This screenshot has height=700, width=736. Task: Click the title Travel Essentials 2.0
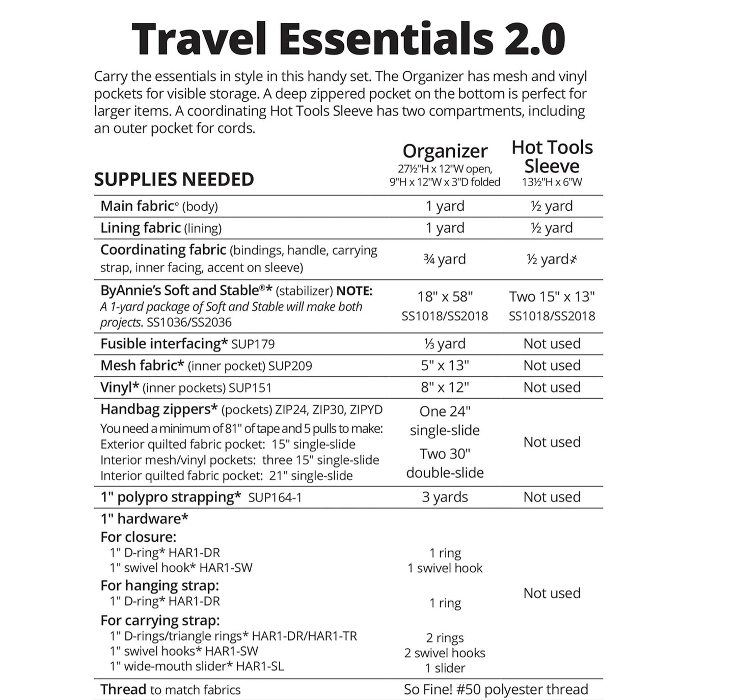[348, 39]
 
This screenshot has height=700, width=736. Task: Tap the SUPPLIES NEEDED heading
[174, 180]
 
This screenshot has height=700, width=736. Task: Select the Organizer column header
[445, 151]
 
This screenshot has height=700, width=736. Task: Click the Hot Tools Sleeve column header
[552, 156]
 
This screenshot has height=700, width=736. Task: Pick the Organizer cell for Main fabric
[445, 206]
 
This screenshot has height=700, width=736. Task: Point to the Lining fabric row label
[141, 228]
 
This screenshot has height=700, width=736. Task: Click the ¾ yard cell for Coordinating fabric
[445, 259]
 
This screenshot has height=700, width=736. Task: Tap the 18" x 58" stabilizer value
[445, 297]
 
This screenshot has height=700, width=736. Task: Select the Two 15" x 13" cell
[552, 297]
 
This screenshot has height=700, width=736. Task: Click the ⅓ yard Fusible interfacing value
[445, 344]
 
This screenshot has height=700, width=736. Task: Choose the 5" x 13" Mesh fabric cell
[445, 366]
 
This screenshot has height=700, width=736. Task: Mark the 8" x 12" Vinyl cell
[445, 387]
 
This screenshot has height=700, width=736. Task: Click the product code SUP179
[253, 344]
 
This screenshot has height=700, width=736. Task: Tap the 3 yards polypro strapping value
[445, 497]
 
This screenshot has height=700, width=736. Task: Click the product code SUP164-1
[275, 497]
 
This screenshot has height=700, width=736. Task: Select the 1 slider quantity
[445, 668]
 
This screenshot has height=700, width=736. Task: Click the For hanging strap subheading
[159, 585]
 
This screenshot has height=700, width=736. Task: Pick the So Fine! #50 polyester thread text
[496, 689]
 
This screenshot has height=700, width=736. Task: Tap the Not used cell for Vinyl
[552, 387]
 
